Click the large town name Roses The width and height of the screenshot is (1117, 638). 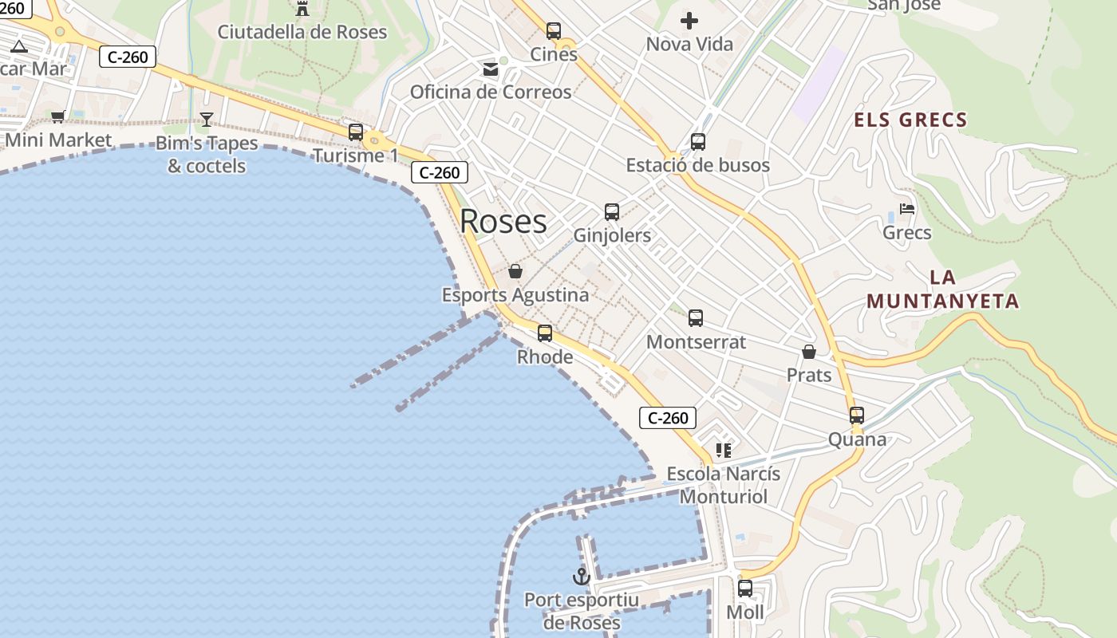(x=503, y=221)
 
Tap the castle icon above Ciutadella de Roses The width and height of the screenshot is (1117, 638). (x=302, y=9)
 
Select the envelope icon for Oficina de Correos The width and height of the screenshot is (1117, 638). (x=491, y=69)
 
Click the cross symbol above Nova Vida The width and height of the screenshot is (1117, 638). (x=689, y=21)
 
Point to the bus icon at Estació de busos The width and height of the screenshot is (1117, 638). (x=698, y=142)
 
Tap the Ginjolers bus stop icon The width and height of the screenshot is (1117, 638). (x=612, y=212)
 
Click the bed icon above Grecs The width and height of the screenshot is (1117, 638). (x=907, y=209)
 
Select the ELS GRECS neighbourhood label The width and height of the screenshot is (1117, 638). (x=910, y=120)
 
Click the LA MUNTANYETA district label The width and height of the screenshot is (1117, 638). (x=943, y=289)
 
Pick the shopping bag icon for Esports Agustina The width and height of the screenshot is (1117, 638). (x=515, y=271)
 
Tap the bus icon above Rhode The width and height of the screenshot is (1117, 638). (x=545, y=333)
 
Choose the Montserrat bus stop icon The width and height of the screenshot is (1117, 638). (x=696, y=318)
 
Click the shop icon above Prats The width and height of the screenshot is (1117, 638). (x=809, y=352)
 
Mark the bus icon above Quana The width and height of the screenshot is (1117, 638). (x=857, y=415)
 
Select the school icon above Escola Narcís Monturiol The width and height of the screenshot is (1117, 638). (x=724, y=451)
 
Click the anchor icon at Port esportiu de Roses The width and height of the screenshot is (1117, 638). (x=582, y=576)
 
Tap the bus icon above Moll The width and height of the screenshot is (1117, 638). (x=745, y=589)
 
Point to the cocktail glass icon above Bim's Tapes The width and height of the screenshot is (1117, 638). (x=207, y=120)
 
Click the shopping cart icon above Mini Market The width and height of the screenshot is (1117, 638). (x=58, y=117)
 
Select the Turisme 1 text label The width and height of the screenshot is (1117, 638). (x=355, y=156)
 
